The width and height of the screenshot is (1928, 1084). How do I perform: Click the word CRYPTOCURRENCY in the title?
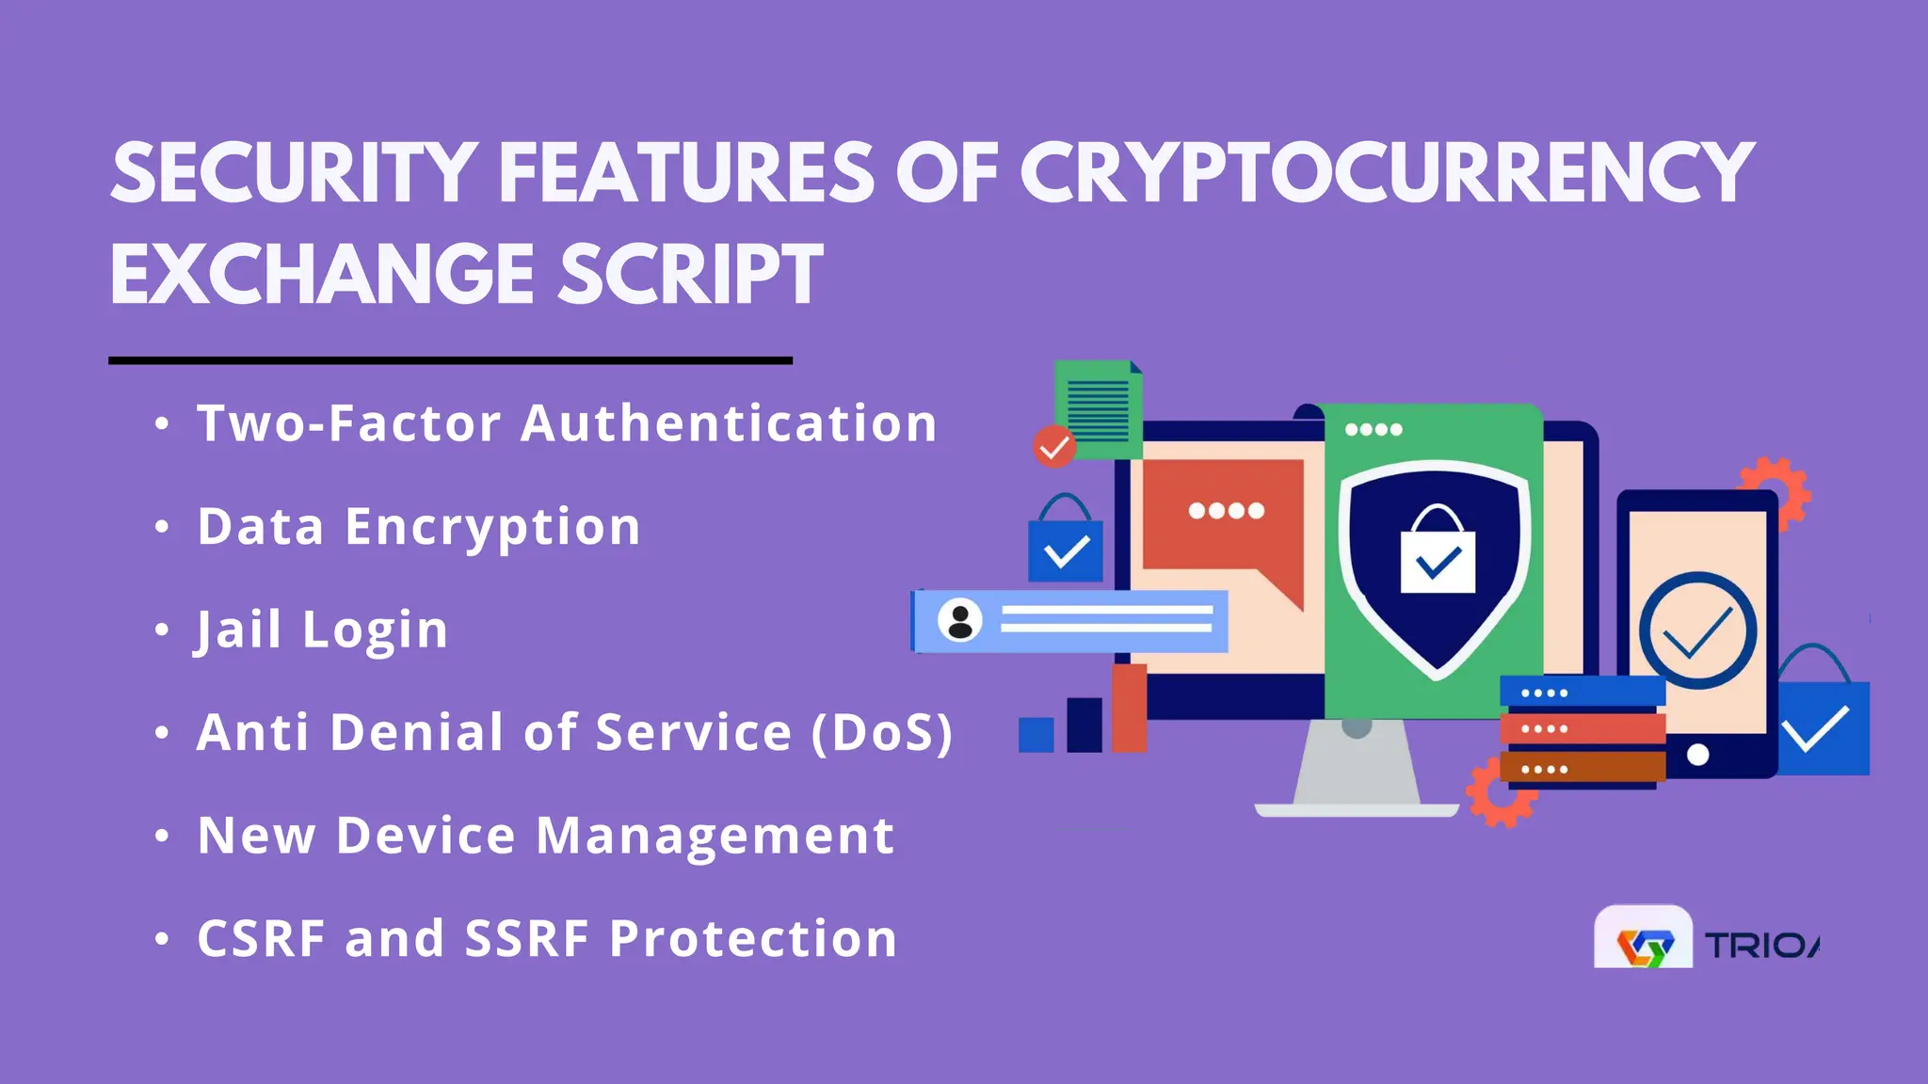pos(1387,173)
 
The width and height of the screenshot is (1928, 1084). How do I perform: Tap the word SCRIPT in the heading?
pos(691,275)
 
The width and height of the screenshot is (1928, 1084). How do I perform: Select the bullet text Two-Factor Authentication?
pos(567,423)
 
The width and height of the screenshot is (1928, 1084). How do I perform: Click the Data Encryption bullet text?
pos(419,526)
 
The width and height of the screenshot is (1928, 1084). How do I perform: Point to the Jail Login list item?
pos(322,630)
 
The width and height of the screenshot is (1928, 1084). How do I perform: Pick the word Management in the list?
pos(715,836)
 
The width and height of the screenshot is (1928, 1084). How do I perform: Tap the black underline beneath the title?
pos(450,359)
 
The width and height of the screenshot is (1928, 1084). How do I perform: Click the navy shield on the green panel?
pos(1437,565)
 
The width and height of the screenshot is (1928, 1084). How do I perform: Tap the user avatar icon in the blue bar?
pos(960,621)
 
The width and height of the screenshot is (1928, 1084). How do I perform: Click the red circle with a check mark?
pos(1053,447)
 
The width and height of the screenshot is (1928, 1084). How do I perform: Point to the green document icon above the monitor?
pos(1098,406)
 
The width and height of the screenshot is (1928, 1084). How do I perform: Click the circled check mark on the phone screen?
pos(1697,630)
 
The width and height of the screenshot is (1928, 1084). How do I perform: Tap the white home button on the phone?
pos(1697,755)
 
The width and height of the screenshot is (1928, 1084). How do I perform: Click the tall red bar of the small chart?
pos(1129,708)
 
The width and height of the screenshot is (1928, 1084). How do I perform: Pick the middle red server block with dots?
pos(1582,728)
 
